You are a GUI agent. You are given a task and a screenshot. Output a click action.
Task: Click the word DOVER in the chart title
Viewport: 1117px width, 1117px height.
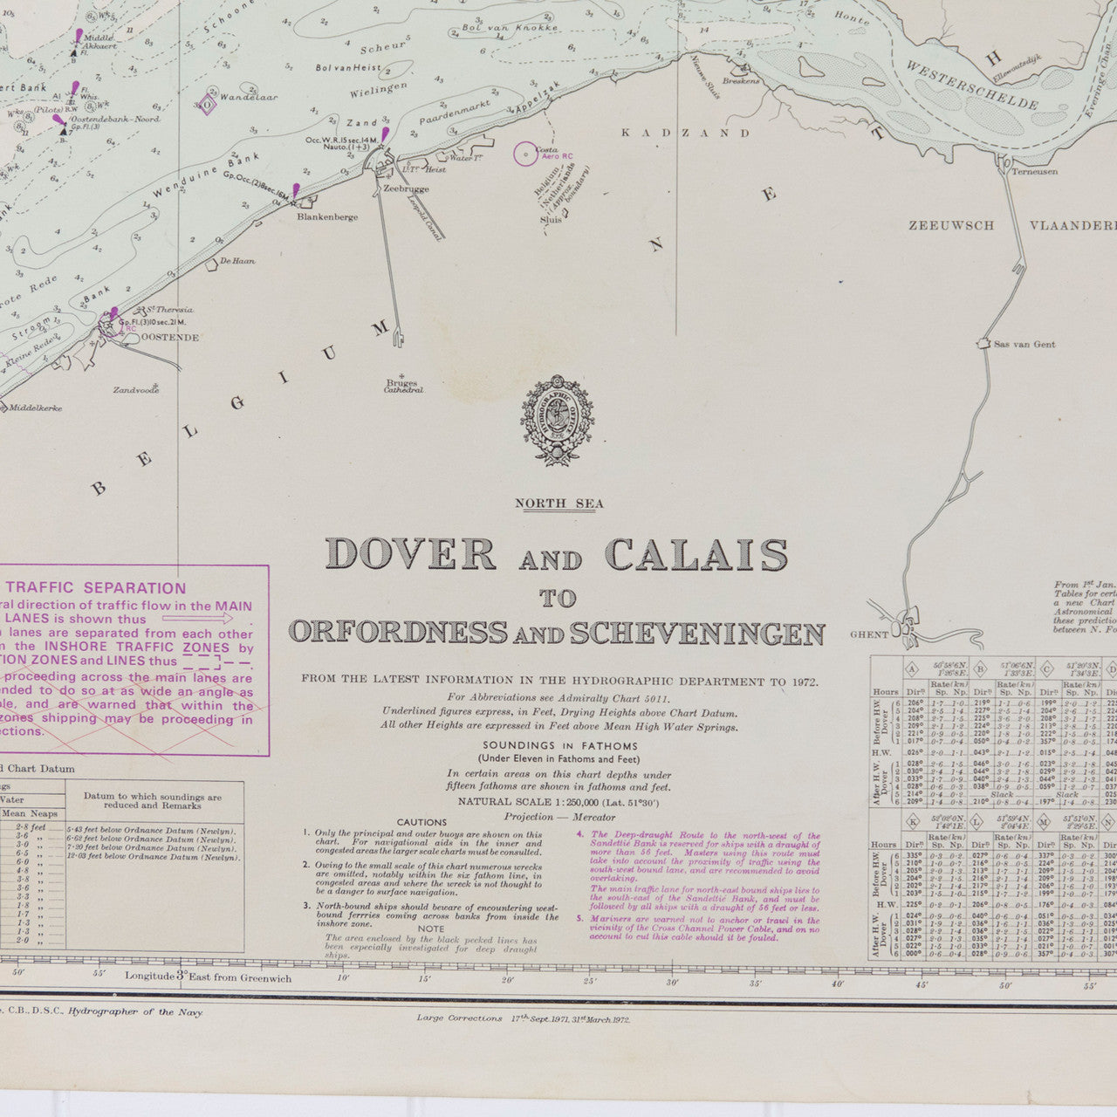point(410,554)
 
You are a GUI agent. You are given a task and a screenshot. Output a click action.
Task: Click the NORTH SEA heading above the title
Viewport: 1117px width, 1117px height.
point(558,504)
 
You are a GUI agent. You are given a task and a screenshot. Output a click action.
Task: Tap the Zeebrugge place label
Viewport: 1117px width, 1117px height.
point(402,189)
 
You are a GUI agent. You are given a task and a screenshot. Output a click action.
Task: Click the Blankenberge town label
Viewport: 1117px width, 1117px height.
point(327,217)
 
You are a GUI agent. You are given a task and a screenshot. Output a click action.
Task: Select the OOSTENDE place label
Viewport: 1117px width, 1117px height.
point(170,337)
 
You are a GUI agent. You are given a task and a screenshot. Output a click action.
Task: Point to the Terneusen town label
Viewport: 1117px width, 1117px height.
point(1034,172)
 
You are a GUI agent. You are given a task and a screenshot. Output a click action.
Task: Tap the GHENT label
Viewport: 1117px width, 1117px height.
point(869,634)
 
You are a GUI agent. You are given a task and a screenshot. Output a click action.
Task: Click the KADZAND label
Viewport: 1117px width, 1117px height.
point(685,133)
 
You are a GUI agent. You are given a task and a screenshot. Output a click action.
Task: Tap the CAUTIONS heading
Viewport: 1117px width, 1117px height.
point(421,822)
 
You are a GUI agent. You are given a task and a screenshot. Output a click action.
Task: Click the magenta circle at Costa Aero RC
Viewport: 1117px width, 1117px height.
point(525,154)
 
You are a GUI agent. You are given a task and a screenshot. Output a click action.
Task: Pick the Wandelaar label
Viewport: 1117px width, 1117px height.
point(250,97)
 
